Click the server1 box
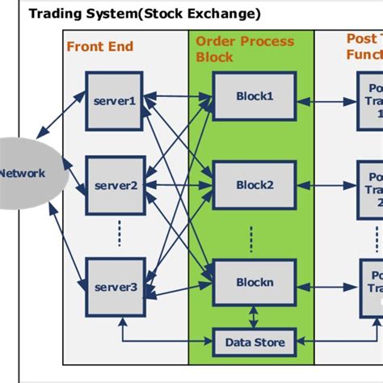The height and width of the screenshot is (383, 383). click(114, 101)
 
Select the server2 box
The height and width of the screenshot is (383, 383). click(114, 185)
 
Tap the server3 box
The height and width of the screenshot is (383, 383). click(114, 287)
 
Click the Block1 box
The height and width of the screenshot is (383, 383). click(255, 95)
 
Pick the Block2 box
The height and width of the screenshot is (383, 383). click(255, 185)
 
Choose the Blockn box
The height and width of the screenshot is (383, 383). click(255, 282)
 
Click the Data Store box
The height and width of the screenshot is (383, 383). click(255, 343)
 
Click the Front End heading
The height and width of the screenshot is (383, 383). click(101, 47)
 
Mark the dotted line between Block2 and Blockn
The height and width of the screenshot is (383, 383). click(251, 238)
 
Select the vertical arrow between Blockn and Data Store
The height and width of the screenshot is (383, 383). click(255, 317)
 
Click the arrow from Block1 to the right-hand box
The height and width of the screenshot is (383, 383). click(326, 102)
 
